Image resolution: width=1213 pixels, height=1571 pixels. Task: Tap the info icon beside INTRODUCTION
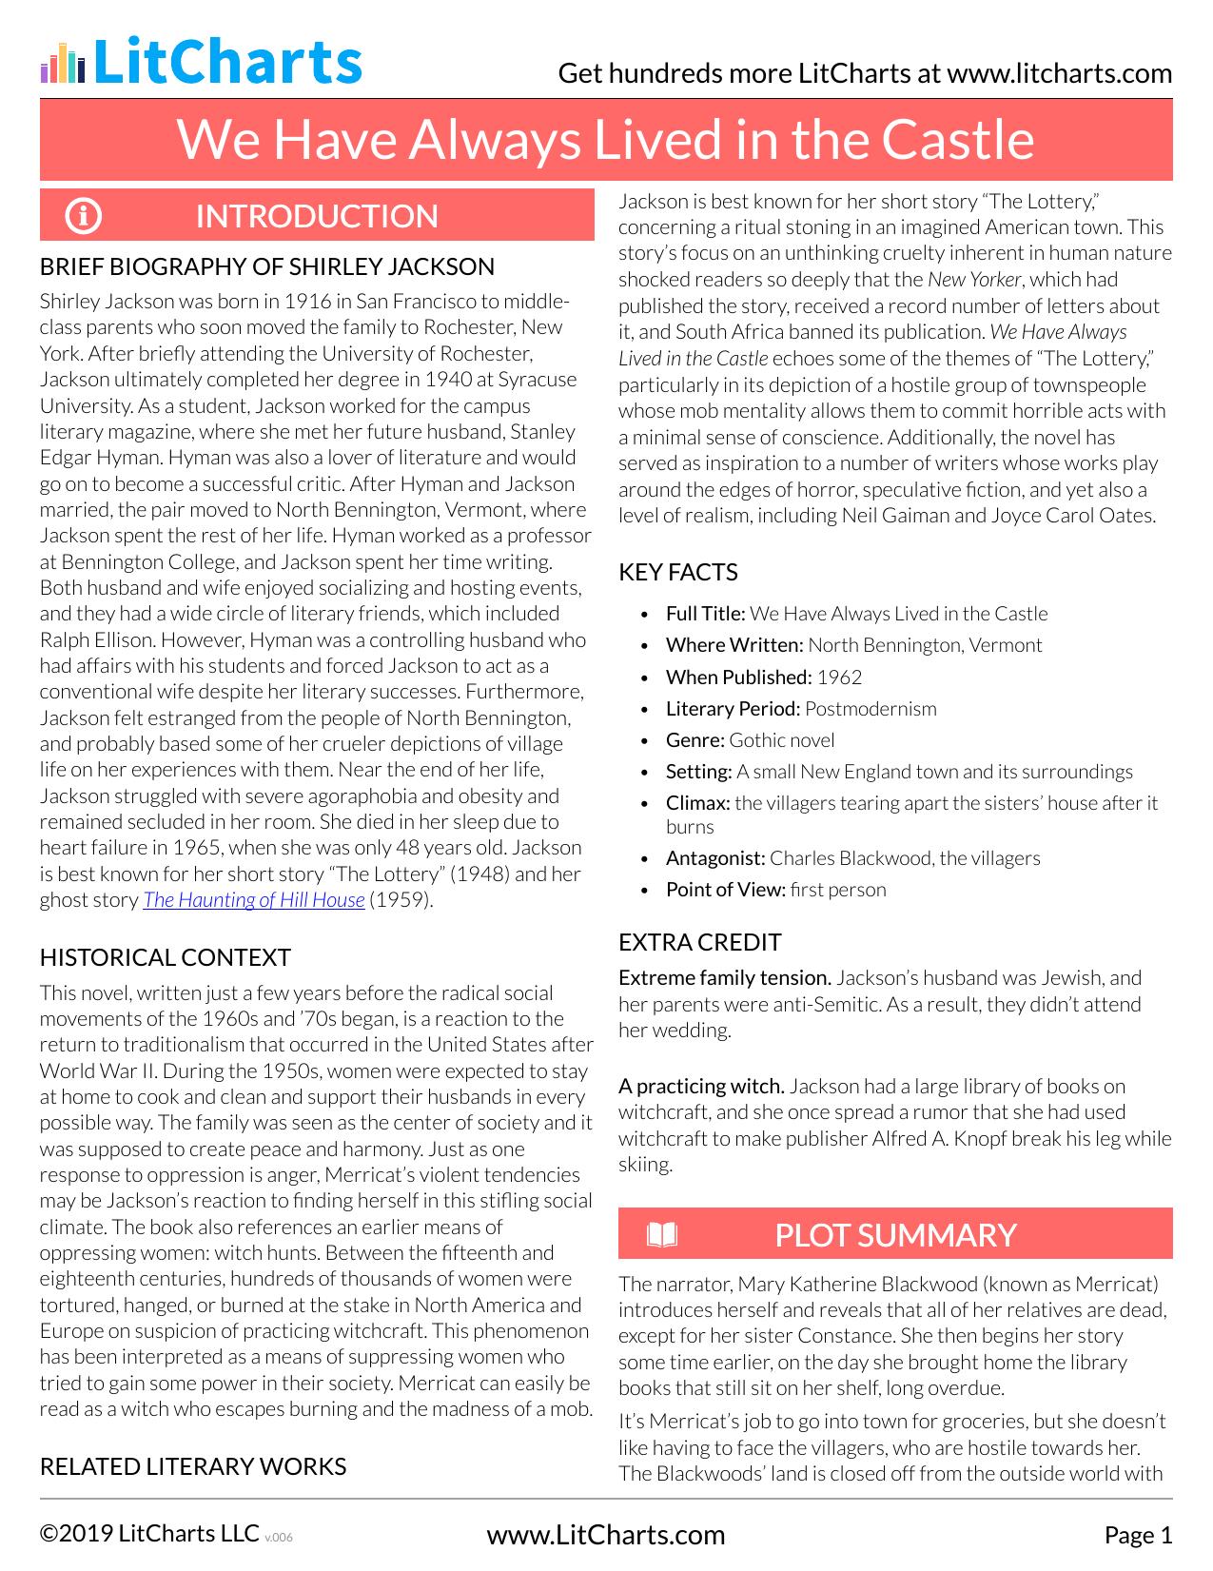coord(84,216)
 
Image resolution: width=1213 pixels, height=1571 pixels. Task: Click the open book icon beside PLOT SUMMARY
coord(662,1235)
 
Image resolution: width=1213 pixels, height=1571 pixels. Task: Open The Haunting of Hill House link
coord(254,900)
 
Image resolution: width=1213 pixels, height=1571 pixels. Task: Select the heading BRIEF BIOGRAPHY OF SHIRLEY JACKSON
coord(267,266)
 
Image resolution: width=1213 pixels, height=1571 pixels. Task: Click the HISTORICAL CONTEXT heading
coord(166,957)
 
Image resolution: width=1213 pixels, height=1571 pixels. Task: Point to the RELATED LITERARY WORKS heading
coord(193,1466)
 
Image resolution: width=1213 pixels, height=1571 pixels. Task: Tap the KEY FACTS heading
coord(678,572)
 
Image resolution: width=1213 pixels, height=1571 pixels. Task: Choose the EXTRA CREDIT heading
coord(700,942)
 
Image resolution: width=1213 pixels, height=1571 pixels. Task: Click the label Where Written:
coord(734,645)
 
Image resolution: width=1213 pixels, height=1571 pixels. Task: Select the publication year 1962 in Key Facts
coord(839,677)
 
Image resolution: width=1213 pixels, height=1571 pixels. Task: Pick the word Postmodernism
coord(871,709)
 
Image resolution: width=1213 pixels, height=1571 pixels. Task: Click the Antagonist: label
coord(715,858)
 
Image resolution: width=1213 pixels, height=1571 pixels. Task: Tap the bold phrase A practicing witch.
coord(701,1087)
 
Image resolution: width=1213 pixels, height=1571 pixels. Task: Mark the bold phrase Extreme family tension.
coord(725,978)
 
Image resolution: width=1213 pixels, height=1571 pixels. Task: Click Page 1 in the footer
coord(1138,1535)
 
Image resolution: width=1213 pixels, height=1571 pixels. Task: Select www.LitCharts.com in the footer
coord(606,1535)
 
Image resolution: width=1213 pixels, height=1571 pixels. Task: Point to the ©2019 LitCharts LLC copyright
coord(149,1534)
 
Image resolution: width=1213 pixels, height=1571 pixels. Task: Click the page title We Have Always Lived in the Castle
coord(606,140)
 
